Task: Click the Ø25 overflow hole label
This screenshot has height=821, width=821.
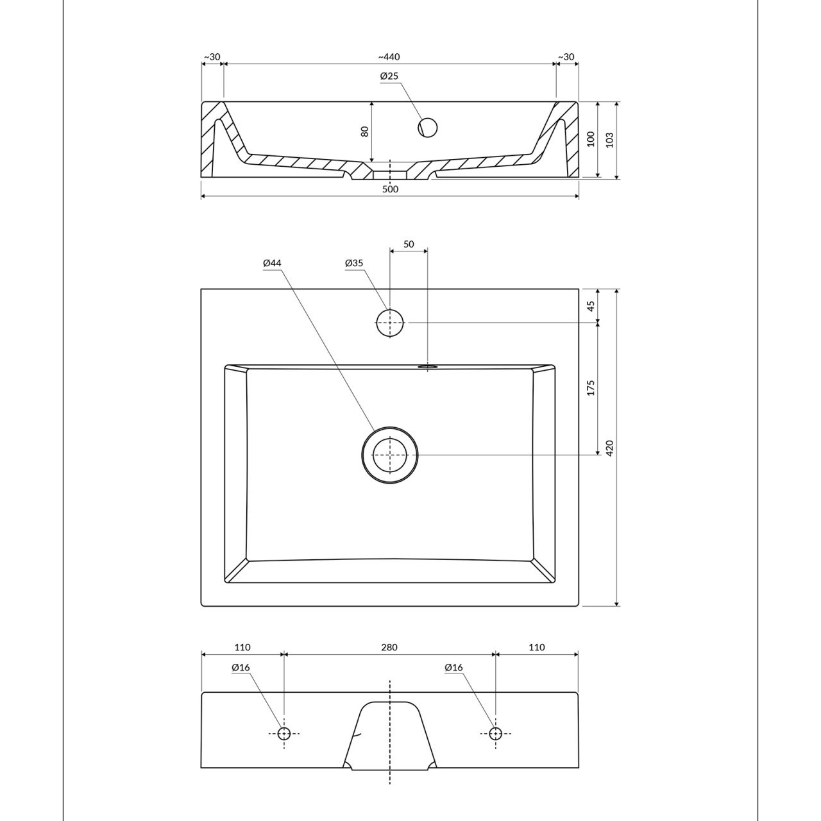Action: coord(389,76)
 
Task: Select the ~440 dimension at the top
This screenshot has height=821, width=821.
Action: coord(389,56)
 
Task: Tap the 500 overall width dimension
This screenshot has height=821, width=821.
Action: coord(390,189)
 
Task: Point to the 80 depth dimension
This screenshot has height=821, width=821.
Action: coord(365,131)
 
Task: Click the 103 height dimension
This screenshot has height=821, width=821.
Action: coord(610,140)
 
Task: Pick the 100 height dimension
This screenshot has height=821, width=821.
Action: coord(591,139)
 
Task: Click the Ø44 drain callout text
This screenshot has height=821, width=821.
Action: coord(272,264)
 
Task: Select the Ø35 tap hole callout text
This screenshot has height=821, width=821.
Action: coord(354,264)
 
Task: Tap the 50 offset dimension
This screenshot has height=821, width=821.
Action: coord(409,244)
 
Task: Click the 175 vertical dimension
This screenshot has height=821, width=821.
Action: coord(591,388)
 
